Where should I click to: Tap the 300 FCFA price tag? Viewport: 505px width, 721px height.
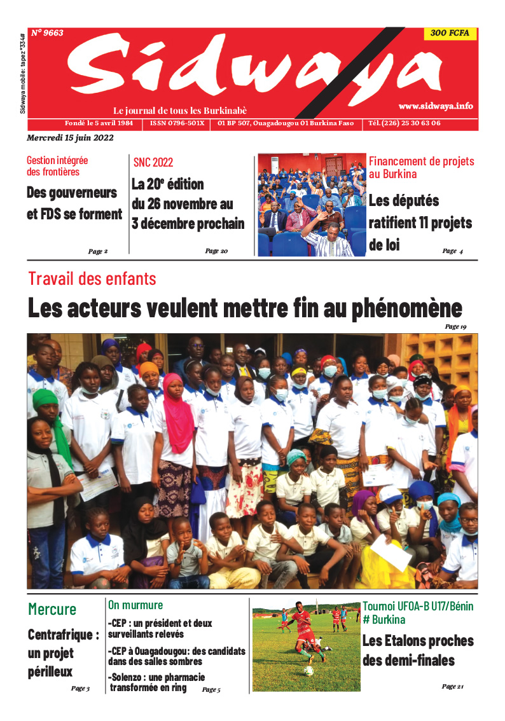[450, 34]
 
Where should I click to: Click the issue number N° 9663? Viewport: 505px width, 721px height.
[48, 33]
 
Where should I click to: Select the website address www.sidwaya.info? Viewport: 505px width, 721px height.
[436, 106]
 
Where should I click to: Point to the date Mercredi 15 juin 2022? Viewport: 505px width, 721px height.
[70, 138]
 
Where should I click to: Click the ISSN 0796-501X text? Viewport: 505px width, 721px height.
[177, 123]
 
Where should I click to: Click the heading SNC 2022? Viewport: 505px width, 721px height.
[153, 163]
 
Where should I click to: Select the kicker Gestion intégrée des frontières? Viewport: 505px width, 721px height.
[57, 166]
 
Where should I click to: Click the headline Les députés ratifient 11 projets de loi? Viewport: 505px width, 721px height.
[420, 223]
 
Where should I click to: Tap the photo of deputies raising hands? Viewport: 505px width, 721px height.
[312, 204]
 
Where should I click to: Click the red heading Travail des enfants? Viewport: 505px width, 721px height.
[92, 278]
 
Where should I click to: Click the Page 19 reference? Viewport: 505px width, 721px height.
[455, 327]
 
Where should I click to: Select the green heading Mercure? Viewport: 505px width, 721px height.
[52, 609]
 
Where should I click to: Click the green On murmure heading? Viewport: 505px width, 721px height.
[135, 605]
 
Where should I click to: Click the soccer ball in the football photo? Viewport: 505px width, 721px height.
[308, 670]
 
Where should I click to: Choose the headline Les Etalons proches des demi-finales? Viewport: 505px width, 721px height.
[418, 650]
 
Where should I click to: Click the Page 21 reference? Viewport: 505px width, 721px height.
[453, 687]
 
